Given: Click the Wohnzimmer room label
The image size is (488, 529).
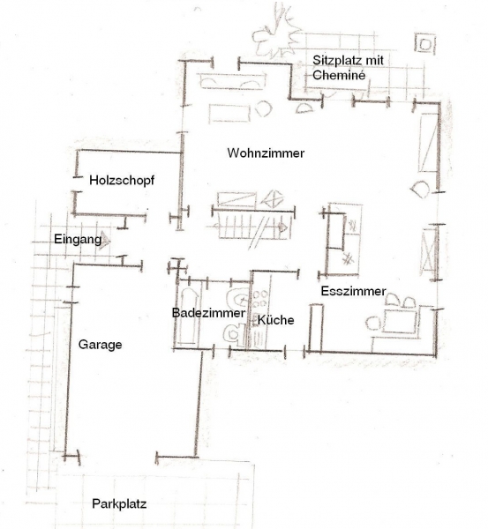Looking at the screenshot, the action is tap(266, 153).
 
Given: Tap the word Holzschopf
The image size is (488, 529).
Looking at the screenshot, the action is tap(122, 181).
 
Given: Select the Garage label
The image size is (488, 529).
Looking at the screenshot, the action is tap(100, 345).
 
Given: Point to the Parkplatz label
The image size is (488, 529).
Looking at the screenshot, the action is tap(119, 504).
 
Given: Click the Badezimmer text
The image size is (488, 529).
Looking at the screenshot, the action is tap(208, 313).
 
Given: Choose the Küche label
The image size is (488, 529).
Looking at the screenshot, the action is tap(275, 320).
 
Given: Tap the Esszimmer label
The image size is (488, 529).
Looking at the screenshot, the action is tap(353, 291).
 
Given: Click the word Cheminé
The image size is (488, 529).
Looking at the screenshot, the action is tap(339, 75).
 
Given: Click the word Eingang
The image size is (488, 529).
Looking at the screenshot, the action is tap(78, 240).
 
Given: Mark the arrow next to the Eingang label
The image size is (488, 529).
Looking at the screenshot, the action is tap(106, 240).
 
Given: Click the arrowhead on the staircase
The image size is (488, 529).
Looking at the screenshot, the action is tap(283, 228).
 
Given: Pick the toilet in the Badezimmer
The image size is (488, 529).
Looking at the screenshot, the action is tap(234, 334).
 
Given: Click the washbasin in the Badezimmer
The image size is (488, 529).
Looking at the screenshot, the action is tap(238, 298).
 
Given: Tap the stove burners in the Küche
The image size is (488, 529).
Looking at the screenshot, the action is tap(260, 299).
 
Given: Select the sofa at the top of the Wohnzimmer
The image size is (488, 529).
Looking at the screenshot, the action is tap(232, 81).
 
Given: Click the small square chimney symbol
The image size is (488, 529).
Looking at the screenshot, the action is tap(424, 43).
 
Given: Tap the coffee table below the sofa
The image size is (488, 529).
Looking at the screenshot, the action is tap(229, 114).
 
